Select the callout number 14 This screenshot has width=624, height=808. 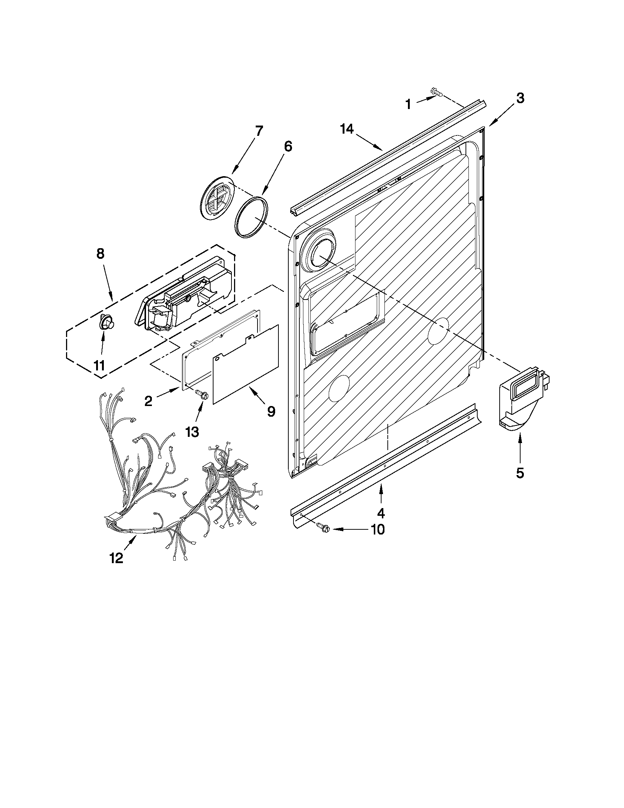click(347, 129)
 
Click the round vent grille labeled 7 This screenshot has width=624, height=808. click(218, 200)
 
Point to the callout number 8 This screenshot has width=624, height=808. click(100, 254)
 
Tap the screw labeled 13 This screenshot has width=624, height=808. click(202, 395)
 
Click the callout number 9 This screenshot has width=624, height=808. click(271, 411)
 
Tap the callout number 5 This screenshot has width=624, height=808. click(520, 473)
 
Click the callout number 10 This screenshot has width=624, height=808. click(377, 530)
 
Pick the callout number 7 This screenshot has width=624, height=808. click(259, 131)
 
